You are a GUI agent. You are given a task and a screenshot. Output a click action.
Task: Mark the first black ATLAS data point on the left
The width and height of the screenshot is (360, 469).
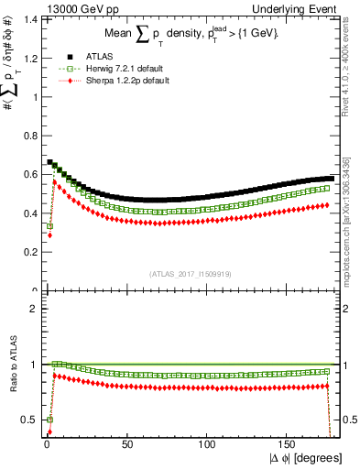click(x=49, y=162)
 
